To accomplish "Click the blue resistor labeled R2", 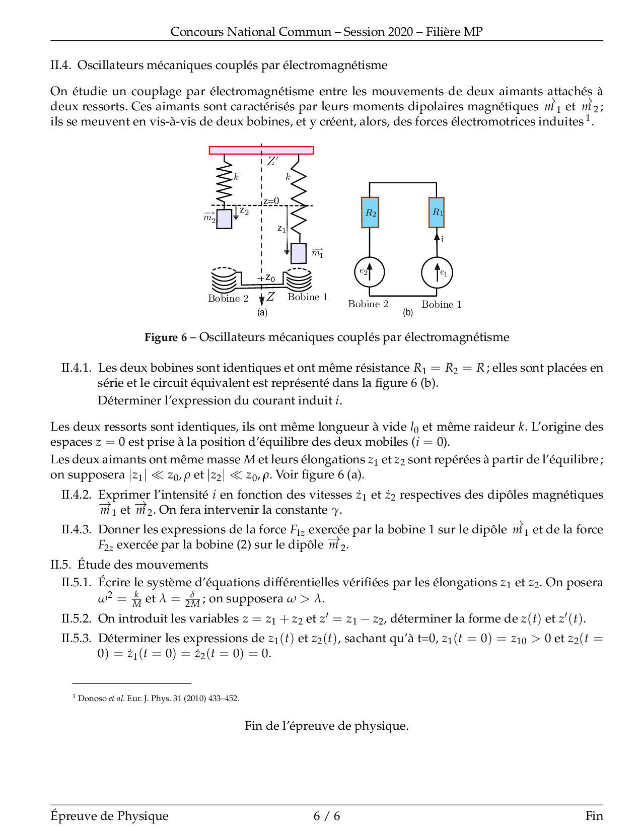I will click(370, 213).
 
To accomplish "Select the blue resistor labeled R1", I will click(437, 213).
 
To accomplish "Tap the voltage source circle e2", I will click(369, 272).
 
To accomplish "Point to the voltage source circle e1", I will click(437, 272).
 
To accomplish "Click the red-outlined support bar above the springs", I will click(261, 150).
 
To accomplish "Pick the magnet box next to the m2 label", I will click(224, 219).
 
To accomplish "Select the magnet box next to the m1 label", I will click(299, 253).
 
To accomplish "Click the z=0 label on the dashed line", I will click(271, 201).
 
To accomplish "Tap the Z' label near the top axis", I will click(272, 161).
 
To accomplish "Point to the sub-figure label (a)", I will click(262, 312).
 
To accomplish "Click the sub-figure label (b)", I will click(408, 312).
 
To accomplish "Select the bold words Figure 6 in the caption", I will click(166, 337).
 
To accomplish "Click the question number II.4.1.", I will click(76, 368).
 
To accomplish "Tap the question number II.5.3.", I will click(76, 639).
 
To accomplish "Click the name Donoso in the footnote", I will click(92, 699).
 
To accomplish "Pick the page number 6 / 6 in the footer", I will click(326, 816).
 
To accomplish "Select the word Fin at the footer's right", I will click(594, 816).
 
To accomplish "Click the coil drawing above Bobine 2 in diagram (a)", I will click(224, 280).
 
